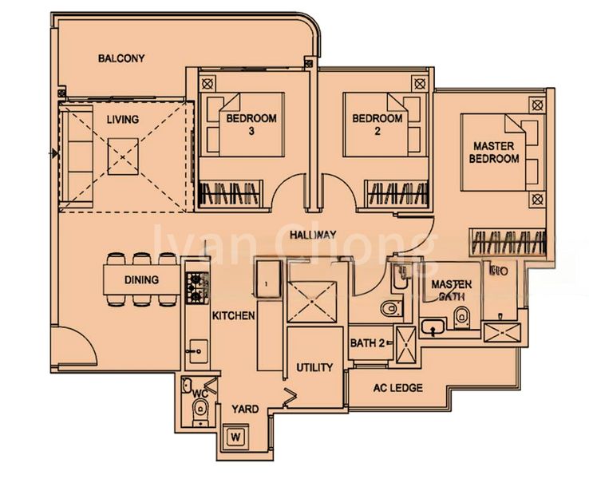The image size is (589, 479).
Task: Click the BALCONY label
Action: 121,58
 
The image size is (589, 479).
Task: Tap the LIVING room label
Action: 123,120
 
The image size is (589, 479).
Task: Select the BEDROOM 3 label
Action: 251,125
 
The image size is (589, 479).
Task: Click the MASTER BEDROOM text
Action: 496,152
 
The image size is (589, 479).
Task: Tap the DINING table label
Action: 141,280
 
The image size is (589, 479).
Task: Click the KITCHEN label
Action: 233,316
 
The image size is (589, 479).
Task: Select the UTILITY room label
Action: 314,368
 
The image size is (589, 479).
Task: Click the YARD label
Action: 245,409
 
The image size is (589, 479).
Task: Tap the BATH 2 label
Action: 368,343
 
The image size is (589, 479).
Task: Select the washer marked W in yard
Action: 235,437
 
